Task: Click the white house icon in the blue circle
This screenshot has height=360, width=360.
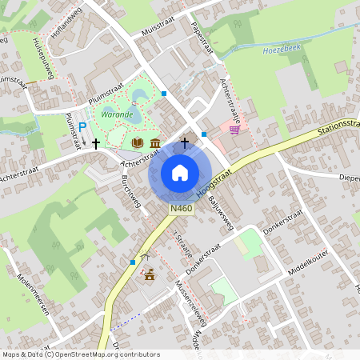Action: pyautogui.click(x=180, y=172)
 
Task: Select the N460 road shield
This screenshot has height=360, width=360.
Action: pyautogui.click(x=182, y=209)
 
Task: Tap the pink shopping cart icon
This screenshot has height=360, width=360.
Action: pyautogui.click(x=234, y=130)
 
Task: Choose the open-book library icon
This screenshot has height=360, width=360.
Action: pyautogui.click(x=138, y=143)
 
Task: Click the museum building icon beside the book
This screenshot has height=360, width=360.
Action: pyautogui.click(x=154, y=143)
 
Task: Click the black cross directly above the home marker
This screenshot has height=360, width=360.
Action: pyautogui.click(x=185, y=142)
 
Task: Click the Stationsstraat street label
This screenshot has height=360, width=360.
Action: pyautogui.click(x=336, y=127)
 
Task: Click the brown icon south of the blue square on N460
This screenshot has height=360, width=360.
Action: pyautogui.click(x=150, y=276)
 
